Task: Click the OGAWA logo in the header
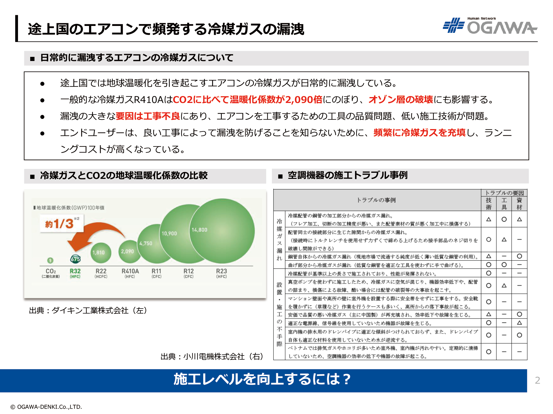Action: pyautogui.click(x=490, y=26)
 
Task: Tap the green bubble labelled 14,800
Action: pyautogui.click(x=222, y=231)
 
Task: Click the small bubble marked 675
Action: pyautogui.click(x=75, y=259)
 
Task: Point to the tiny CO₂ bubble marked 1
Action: pyautogui.click(x=50, y=260)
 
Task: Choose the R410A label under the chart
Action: pyautogui.click(x=130, y=273)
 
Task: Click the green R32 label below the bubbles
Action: pyautogui.click(x=75, y=273)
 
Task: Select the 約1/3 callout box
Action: pyautogui.click(x=61, y=223)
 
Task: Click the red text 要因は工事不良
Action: pyautogui.click(x=148, y=116)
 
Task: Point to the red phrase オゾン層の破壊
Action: pyautogui.click(x=401, y=100)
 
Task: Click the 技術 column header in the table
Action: pyautogui.click(x=489, y=204)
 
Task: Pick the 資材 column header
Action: pyautogui.click(x=519, y=204)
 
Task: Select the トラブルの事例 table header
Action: pyautogui.click(x=376, y=200)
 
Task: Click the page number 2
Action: pyautogui.click(x=538, y=380)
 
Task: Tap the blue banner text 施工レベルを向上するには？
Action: pyautogui.click(x=262, y=379)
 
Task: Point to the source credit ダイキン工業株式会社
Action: pyautogui.click(x=90, y=310)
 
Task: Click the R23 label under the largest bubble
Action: pyautogui.click(x=221, y=273)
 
